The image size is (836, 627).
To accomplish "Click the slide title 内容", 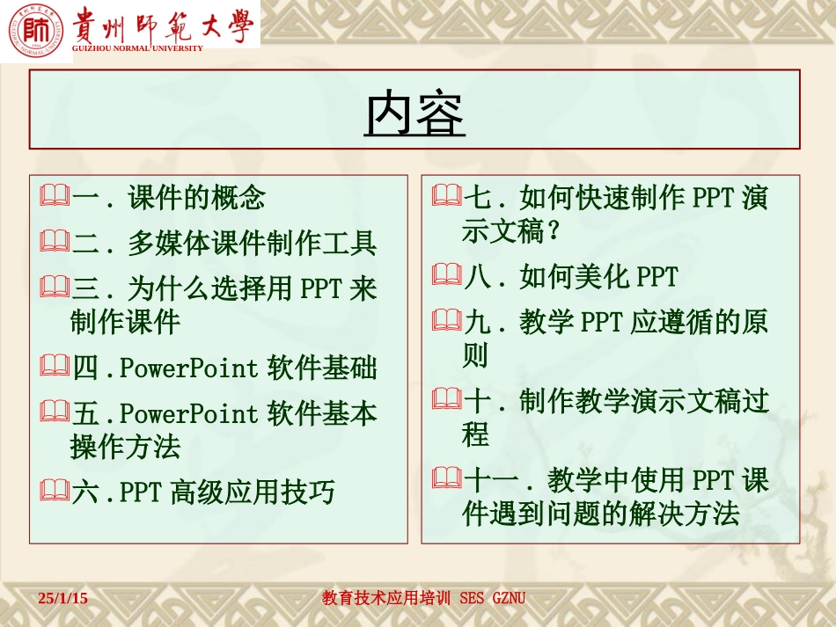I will pos(414,112).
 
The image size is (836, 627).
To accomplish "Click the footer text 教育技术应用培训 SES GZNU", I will pos(423,598).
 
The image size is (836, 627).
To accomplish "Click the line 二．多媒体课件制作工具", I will pos(224,242).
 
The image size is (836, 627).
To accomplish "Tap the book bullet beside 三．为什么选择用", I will pos(55,287).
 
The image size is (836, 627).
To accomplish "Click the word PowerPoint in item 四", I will pos(188,368).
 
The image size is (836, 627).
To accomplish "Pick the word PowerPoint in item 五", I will pos(188,412).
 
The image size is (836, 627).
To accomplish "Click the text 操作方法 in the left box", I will pos(125,447).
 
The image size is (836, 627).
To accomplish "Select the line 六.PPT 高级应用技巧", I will pos(202,492).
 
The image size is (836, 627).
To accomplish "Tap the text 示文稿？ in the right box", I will pos(511,231).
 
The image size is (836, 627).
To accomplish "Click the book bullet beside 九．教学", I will pos(447,321).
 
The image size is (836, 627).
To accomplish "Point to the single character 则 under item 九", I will pos(475,356).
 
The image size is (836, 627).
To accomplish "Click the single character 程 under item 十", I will pos(475,435).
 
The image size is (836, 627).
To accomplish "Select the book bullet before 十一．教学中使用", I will pos(447,479).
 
